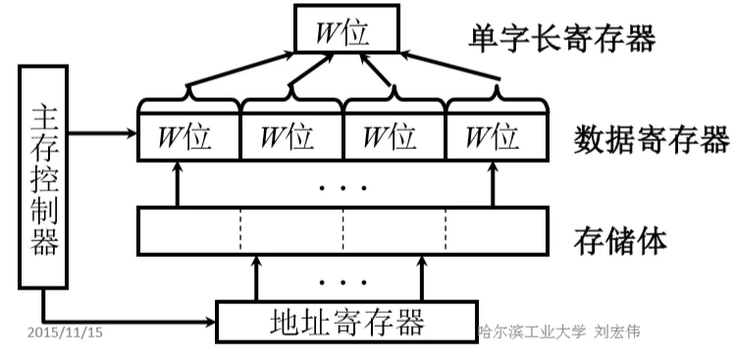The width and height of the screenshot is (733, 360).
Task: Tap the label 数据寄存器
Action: coord(650,140)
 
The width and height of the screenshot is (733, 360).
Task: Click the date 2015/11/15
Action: coord(65,333)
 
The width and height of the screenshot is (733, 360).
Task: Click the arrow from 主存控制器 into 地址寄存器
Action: coord(128,321)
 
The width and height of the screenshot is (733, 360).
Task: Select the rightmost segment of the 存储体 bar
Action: coord(497,231)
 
